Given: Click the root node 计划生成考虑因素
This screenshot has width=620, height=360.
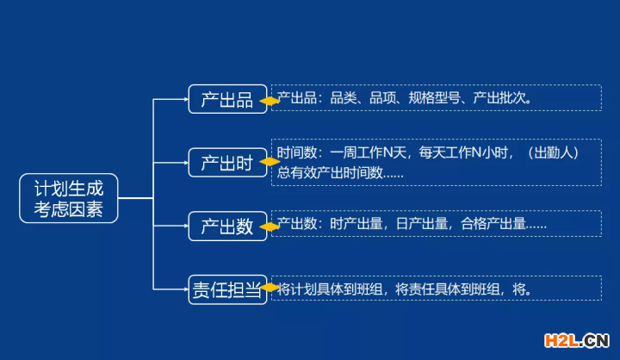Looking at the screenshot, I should coord(68,198).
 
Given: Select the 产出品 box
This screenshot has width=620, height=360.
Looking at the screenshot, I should coord(227,99).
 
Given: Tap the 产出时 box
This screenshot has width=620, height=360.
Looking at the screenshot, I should coord(227,163).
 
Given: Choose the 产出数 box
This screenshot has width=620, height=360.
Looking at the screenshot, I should coord(227,227).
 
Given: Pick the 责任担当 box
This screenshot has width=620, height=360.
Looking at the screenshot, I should coord(227,289).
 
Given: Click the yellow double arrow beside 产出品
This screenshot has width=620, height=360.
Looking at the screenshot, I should coord(270,101).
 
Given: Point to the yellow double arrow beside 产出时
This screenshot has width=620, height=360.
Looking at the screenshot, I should coord(270,163).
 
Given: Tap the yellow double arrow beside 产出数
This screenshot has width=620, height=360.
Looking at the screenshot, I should coord(270,227).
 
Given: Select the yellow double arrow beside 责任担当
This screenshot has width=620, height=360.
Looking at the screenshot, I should coord(270,289).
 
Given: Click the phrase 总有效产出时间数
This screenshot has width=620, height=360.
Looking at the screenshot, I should coord(330,171).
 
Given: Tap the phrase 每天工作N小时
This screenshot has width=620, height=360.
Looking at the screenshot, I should coord(466,152).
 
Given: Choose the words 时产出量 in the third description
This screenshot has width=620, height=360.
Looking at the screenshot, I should coord(357,224).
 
